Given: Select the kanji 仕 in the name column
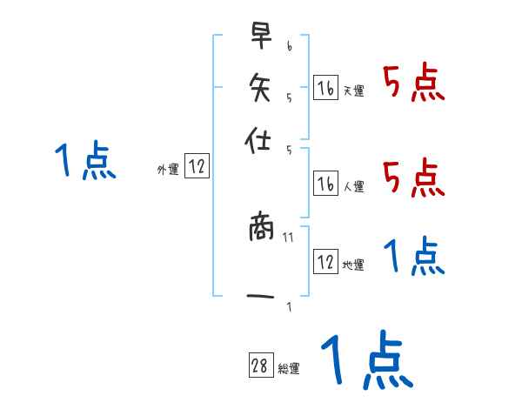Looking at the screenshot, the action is [260, 141].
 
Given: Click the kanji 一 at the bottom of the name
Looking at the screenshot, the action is [260, 298].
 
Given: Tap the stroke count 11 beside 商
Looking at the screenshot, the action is [288, 237].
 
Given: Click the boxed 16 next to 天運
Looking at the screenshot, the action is [325, 88].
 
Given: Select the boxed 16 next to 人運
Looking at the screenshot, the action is [325, 183].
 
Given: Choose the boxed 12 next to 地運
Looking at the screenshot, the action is [325, 262].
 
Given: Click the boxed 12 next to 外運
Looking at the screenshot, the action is [197, 167].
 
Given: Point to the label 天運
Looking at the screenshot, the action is [353, 91].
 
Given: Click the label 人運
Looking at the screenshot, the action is [353, 185].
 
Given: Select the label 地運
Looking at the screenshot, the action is [353, 265].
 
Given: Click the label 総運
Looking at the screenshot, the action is [288, 369].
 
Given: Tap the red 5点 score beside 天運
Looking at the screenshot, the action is [414, 84].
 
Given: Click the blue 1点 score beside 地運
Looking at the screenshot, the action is [414, 256].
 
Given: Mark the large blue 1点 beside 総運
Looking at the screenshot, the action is [365, 359].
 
